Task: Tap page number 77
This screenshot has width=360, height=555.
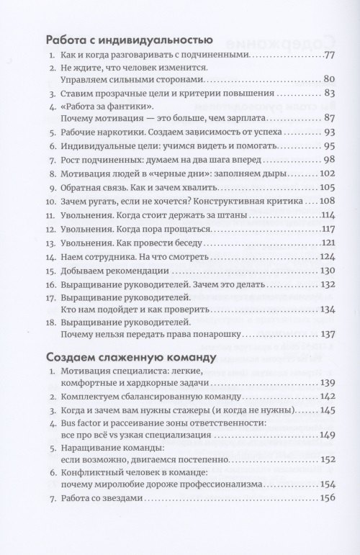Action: tap(330, 56)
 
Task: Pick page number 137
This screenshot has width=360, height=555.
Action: tap(328, 333)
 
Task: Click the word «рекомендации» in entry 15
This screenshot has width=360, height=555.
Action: tap(143, 291)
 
